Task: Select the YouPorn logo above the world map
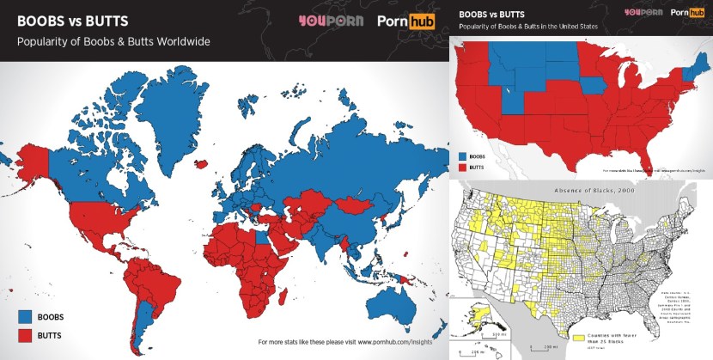click(x=331, y=21)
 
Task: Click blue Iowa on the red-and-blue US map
click(x=589, y=87)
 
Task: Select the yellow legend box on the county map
click(x=581, y=337)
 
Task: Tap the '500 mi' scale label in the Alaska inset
click(x=500, y=327)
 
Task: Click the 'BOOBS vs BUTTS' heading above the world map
click(x=68, y=20)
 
